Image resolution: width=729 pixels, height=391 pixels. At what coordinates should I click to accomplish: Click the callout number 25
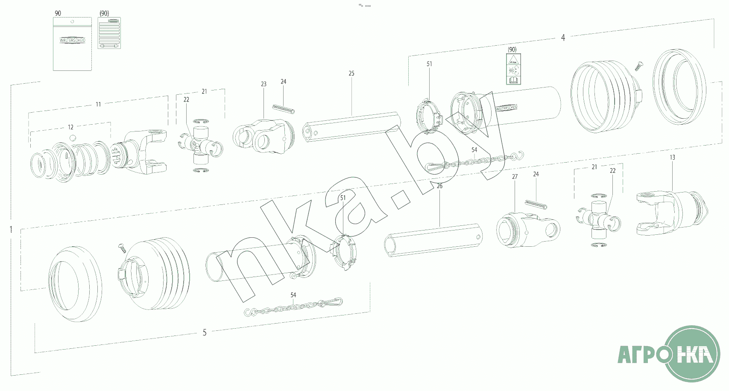351,73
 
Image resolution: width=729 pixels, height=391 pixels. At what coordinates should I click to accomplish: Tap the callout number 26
439,186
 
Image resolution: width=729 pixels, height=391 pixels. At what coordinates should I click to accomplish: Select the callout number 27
515,177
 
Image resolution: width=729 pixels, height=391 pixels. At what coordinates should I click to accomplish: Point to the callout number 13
672,158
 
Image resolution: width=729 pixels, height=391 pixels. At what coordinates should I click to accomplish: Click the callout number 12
70,127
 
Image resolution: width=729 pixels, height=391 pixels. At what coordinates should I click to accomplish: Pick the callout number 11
98,104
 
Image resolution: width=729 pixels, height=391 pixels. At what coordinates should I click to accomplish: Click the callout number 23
263,84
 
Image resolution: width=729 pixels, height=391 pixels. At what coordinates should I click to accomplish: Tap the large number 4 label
563,38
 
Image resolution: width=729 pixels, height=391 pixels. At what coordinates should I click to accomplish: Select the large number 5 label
205,333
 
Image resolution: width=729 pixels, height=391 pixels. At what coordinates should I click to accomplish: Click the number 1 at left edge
11,230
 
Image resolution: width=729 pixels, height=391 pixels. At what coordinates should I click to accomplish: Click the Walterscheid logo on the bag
72,40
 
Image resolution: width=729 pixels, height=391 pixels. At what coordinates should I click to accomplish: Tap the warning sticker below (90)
513,69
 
